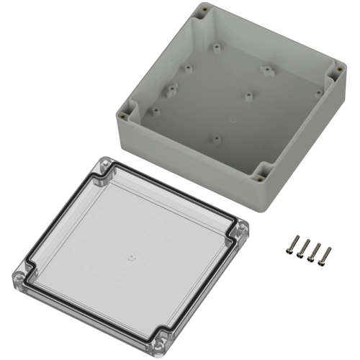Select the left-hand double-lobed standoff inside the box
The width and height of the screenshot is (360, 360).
(x=173, y=91)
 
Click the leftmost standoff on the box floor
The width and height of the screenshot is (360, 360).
(x=153, y=110)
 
